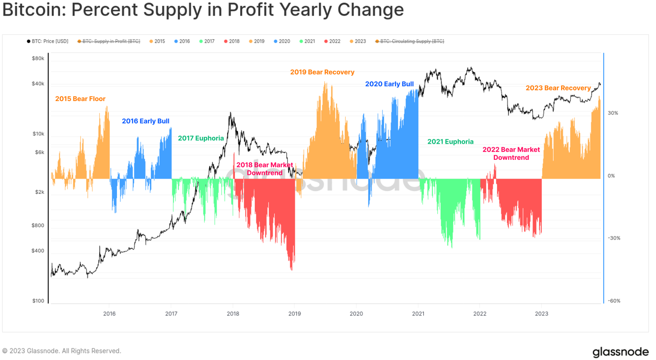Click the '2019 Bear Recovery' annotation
[322, 72]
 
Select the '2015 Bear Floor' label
[80, 99]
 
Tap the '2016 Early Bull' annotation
[145, 121]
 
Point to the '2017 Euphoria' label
[201, 138]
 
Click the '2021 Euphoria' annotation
[450, 142]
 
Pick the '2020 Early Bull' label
[389, 84]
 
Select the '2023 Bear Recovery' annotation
[558, 88]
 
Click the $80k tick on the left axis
[38, 58]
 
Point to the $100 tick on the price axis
[38, 301]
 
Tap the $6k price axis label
[39, 152]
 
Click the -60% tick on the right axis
[614, 301]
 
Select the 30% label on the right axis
[613, 113]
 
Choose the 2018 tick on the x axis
[233, 314]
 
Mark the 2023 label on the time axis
[541, 314]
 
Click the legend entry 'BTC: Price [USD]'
[48, 41]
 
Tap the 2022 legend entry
[332, 41]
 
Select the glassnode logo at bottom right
[620, 352]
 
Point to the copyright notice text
[62, 351]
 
